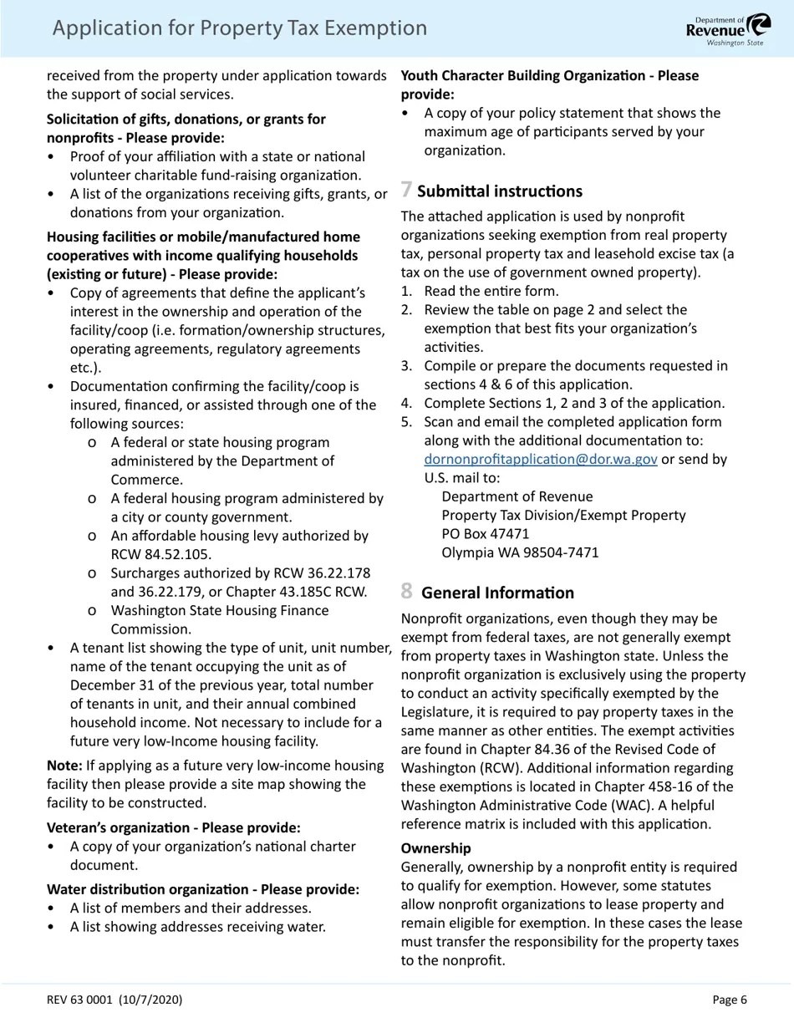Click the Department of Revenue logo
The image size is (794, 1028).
[x=728, y=29]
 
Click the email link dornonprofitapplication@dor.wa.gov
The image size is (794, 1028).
[x=540, y=459]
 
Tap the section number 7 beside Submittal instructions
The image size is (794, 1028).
[x=406, y=190]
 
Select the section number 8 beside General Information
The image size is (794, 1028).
[x=406, y=592]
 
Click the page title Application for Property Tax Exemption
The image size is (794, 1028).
[x=239, y=28]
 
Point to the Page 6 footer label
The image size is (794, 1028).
[x=729, y=1000]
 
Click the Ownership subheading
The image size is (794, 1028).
[x=435, y=848]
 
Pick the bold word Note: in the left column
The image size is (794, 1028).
[x=64, y=766]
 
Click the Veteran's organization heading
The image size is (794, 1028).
[x=173, y=827]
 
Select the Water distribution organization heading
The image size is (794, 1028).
[x=202, y=889]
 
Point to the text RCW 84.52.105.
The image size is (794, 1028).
[x=160, y=554]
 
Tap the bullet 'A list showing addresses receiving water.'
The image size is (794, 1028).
[x=197, y=926]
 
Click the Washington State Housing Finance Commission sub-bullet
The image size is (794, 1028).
[x=219, y=619]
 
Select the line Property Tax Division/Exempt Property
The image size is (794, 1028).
[x=563, y=515]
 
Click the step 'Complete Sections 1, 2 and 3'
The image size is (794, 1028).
[x=574, y=403]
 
